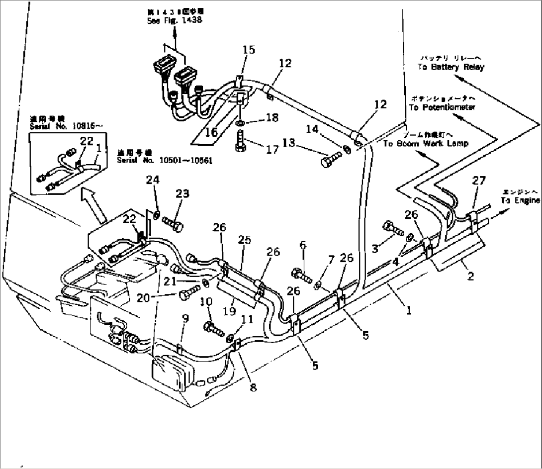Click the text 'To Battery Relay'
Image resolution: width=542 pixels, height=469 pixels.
[x=451, y=67]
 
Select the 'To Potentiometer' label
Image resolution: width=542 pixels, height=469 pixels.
[x=442, y=107]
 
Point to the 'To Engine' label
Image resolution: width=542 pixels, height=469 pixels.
[x=520, y=200]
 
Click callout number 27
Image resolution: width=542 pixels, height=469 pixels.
[x=478, y=181]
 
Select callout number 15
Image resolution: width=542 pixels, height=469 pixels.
[x=249, y=50]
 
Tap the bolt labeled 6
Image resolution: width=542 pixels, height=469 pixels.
[x=301, y=274]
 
